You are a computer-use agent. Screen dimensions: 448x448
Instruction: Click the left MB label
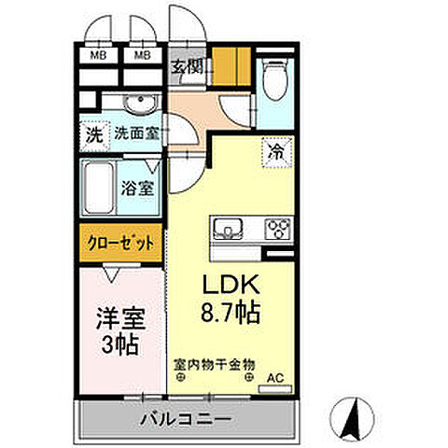[97, 54]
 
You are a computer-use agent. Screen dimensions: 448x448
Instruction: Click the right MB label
[143, 54]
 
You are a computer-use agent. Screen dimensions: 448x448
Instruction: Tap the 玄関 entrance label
[187, 67]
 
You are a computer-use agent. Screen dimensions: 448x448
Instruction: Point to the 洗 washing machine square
[93, 133]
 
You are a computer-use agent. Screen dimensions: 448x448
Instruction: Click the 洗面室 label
[135, 133]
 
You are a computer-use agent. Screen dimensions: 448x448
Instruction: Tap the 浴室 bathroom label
[138, 187]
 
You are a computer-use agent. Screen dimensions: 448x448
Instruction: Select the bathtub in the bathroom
[99, 187]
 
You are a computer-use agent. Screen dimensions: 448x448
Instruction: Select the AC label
[275, 378]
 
